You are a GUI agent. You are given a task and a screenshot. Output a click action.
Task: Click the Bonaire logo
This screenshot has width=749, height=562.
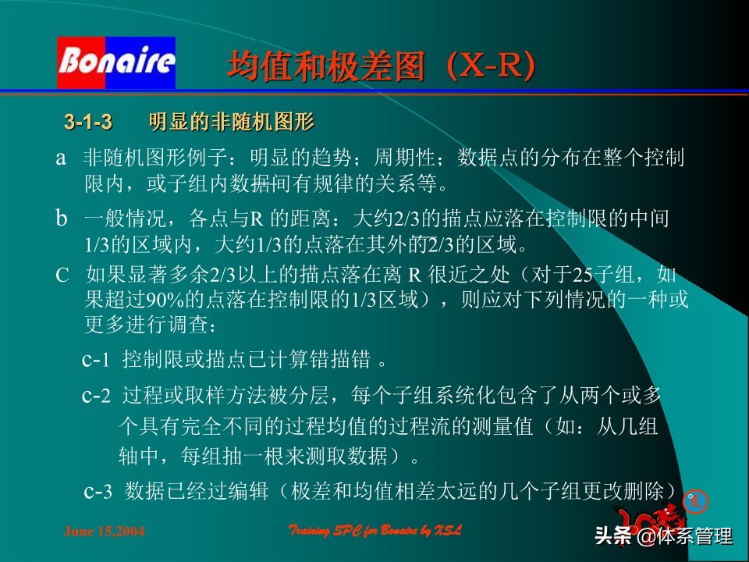[x=116, y=62]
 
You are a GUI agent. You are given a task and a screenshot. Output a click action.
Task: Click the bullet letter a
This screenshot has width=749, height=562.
[x=60, y=158]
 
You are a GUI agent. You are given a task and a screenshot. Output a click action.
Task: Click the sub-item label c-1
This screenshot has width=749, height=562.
[x=98, y=360]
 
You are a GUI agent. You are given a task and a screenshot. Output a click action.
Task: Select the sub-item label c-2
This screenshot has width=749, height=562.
[x=98, y=396]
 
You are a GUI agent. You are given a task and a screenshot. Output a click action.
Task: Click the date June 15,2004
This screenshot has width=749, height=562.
[x=104, y=532]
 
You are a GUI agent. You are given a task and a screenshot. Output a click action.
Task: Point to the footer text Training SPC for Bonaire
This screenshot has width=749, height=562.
[x=375, y=531]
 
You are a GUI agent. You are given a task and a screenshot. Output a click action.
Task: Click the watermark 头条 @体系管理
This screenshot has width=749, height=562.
[x=663, y=536]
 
